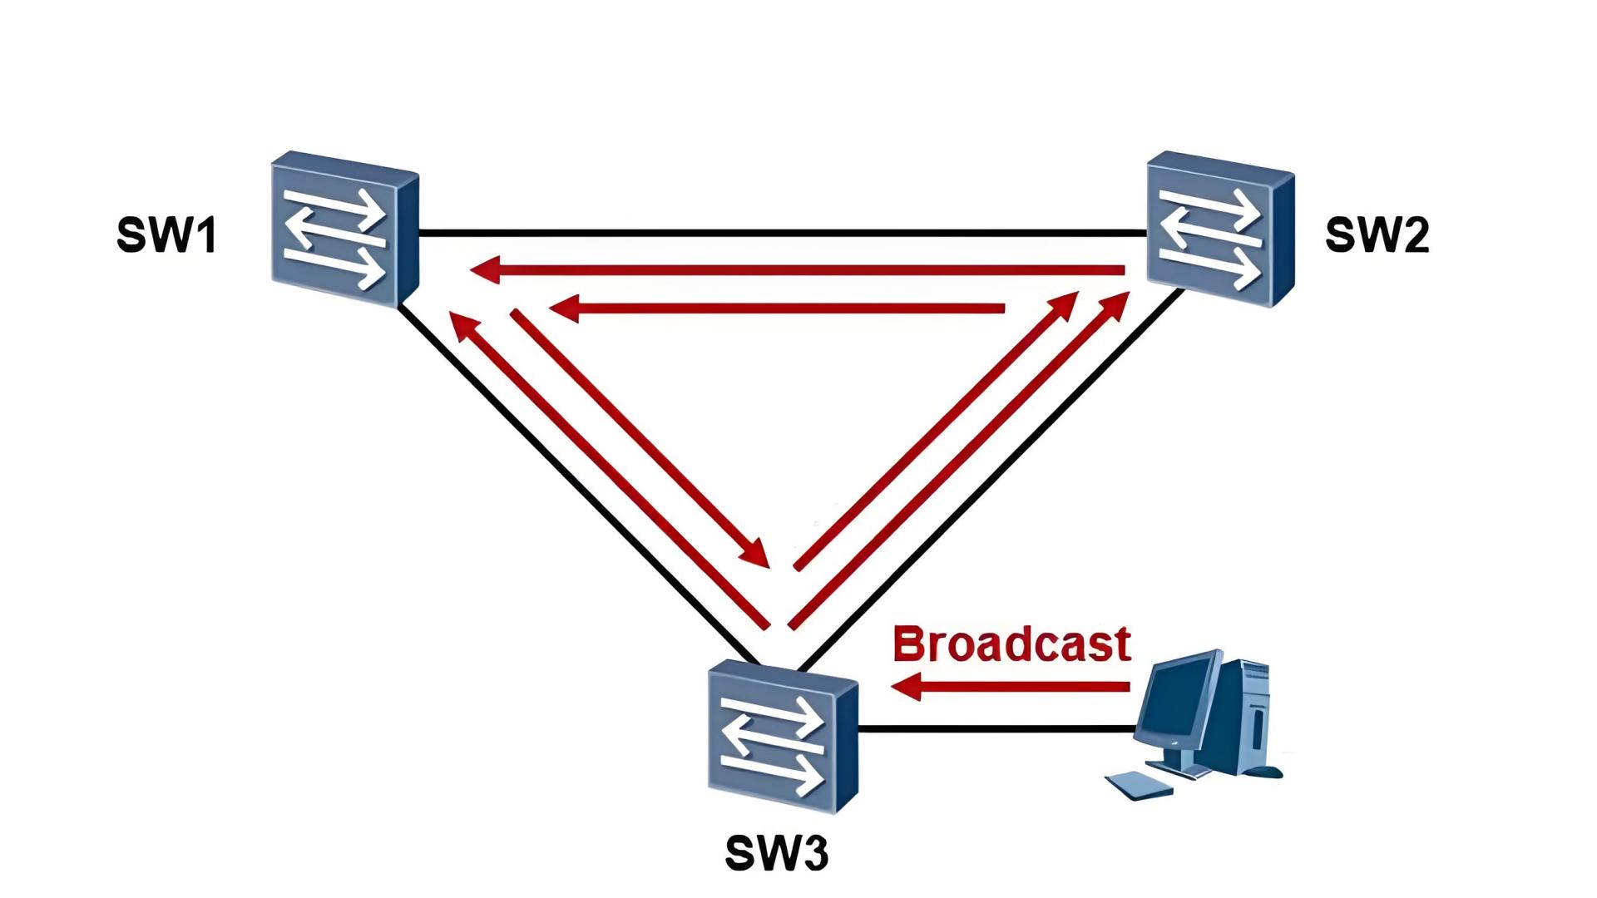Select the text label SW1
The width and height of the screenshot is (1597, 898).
click(x=167, y=235)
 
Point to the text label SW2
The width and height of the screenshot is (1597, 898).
click(x=1377, y=235)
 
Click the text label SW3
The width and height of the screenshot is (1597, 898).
click(x=776, y=853)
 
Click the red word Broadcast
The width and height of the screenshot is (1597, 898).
click(x=1011, y=644)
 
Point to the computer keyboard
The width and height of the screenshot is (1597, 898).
click(x=1138, y=785)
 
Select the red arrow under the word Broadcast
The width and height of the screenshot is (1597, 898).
click(x=1011, y=687)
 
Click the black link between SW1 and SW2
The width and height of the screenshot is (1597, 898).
click(x=782, y=232)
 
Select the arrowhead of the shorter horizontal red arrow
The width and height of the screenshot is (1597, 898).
click(x=564, y=308)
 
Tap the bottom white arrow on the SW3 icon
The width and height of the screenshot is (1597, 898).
click(x=774, y=772)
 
